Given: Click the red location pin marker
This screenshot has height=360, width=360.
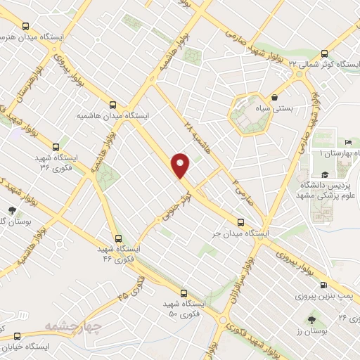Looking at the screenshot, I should coord(181,166).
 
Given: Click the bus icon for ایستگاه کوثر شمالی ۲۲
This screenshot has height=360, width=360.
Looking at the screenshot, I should coord(324,53).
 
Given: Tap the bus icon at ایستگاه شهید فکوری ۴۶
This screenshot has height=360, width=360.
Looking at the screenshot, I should coord(117,238).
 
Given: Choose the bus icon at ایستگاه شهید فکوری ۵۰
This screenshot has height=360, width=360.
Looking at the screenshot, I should coord(184,292).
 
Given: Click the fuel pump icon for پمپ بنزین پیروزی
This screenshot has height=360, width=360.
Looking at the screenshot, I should coord(323,285).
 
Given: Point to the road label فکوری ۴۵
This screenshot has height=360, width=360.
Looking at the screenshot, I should coord(134,288).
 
